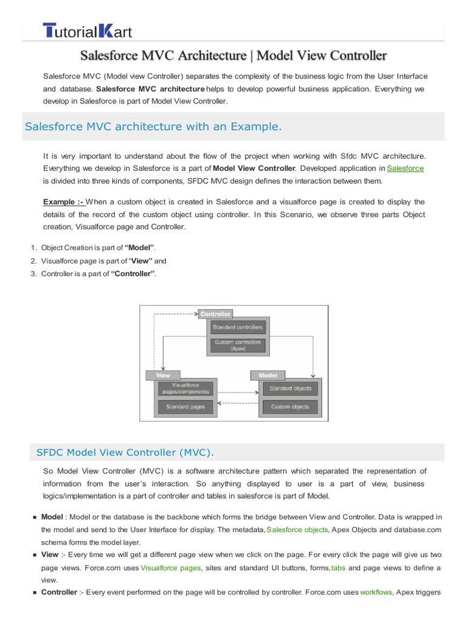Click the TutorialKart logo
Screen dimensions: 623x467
point(87,30)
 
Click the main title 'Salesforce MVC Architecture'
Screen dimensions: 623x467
point(234,56)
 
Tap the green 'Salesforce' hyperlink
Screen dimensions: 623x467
point(406,168)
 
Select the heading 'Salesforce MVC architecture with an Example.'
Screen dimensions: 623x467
point(153,127)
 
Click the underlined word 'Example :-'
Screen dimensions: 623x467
point(64,202)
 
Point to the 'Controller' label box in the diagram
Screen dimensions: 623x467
point(215,314)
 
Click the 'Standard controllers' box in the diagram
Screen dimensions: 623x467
point(238,327)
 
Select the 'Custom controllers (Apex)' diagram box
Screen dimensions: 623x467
point(238,345)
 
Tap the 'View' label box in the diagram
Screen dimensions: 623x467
point(163,375)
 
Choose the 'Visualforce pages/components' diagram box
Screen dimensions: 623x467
point(185,388)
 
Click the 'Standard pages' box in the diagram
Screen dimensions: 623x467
point(185,406)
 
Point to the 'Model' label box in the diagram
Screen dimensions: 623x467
point(268,375)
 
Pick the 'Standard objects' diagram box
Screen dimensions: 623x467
point(290,388)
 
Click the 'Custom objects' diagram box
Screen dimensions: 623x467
point(290,406)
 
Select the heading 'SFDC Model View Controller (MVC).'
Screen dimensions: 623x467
point(125,453)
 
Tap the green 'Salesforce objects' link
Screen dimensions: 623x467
point(297,530)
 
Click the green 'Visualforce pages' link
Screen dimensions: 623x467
point(171,568)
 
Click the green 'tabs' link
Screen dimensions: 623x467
point(338,568)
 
